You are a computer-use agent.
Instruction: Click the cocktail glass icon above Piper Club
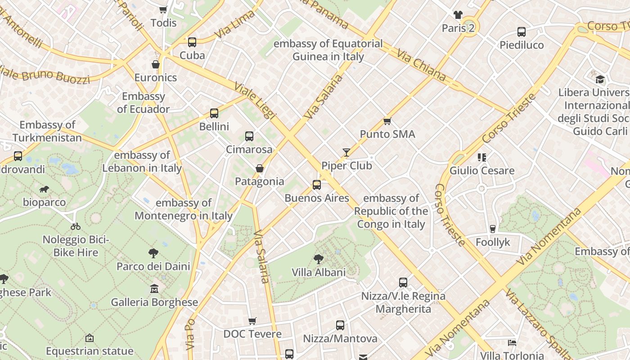[x=346, y=153]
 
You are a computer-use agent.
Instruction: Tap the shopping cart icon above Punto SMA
[x=387, y=121]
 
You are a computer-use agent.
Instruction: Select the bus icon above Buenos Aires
[x=317, y=184]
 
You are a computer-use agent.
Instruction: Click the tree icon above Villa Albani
[x=319, y=259]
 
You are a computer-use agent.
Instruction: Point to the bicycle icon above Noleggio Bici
[x=76, y=226]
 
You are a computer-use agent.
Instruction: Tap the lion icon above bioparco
[x=44, y=189]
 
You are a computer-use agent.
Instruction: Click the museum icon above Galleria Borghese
[x=154, y=288]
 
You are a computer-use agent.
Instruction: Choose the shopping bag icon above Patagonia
[x=260, y=168]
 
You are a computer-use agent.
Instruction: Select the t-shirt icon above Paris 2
[x=458, y=15]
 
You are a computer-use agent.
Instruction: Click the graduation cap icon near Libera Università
[x=600, y=80]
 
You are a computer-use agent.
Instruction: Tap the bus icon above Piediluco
[x=522, y=31]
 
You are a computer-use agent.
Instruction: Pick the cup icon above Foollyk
[x=493, y=229]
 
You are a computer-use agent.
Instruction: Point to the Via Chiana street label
[x=421, y=65]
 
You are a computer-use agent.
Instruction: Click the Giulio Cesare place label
[x=482, y=171]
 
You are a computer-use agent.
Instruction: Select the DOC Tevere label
[x=252, y=334]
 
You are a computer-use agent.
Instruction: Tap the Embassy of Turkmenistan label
[x=47, y=131]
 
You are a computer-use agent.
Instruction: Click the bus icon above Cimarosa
[x=249, y=136]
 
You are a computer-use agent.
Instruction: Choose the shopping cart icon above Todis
[x=163, y=9]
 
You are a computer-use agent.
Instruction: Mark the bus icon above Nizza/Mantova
[x=340, y=325]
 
